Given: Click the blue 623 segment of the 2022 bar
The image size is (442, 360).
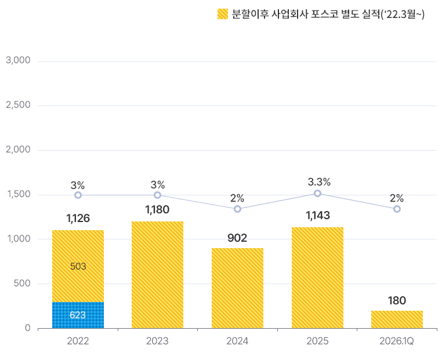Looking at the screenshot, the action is coord(78,315).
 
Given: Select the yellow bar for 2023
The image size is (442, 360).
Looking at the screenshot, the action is coord(157,275).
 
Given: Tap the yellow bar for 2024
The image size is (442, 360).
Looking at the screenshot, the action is coord(237,288).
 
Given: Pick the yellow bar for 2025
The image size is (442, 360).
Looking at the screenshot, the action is coord(317,278).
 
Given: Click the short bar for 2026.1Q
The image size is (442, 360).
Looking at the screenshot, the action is coord(397,319).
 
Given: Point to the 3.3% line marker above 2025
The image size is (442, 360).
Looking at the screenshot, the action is coord(317,193).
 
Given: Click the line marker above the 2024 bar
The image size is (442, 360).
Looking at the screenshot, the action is coord(237,209).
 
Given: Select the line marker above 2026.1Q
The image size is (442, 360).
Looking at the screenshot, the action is coord(397,209).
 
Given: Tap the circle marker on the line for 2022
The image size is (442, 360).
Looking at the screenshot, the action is coord(78,195).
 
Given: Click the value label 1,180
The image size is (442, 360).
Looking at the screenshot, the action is coord(157,210).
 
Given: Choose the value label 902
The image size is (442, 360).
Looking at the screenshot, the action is coord(237,238).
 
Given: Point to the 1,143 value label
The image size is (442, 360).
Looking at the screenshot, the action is coord(318,216).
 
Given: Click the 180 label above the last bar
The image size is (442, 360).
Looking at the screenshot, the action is coord(397,300).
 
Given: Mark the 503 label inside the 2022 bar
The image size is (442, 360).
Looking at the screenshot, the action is coord(78,266).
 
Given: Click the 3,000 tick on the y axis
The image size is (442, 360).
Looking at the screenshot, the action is coord(18,60).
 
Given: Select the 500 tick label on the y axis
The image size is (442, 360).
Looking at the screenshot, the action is coord(22,283).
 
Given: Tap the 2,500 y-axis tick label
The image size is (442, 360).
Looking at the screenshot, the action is coord(18,105).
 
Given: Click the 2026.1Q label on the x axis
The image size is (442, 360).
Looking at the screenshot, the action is coord(396,341).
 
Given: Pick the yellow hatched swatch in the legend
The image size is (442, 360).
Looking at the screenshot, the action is coord(223,14).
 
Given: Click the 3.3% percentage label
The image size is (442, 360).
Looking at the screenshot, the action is coord(319,182).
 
